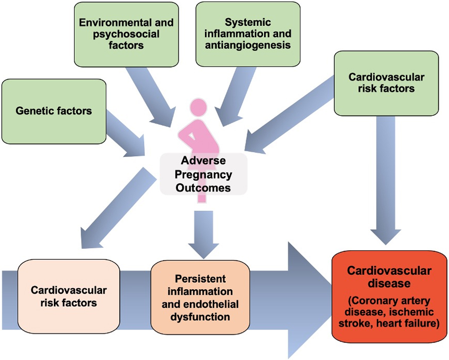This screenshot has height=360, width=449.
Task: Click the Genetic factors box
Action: coord(54,111)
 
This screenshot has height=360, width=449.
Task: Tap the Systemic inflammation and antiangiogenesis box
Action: coord(248,34)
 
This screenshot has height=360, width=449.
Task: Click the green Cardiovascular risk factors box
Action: coord(386,83)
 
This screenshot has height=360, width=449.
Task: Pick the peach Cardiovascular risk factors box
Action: coord(69,296)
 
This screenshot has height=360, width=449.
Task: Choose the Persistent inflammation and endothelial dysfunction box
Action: coord(200,297)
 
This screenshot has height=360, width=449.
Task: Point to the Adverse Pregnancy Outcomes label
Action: coord(203,175)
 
